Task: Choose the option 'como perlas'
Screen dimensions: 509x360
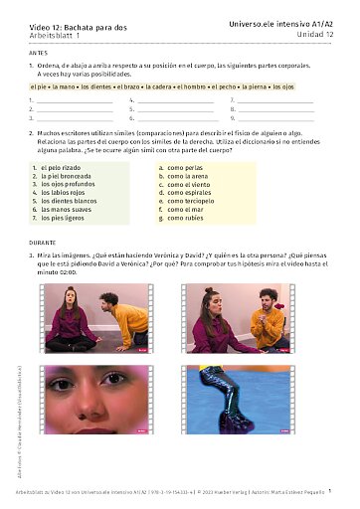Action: coord(186,167)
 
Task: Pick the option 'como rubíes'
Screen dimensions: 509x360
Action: coord(187,218)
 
